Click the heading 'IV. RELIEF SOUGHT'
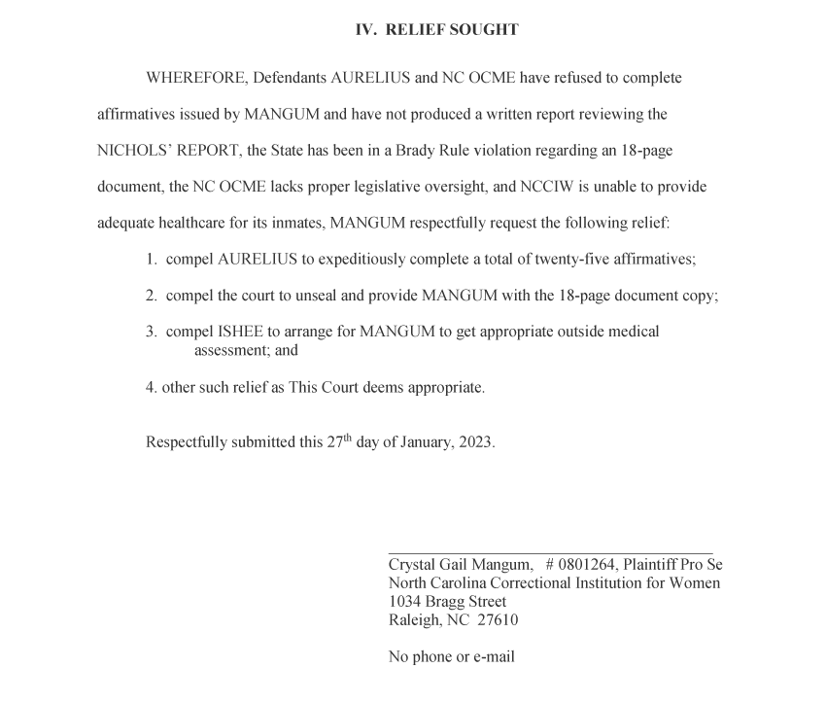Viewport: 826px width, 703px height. (x=436, y=30)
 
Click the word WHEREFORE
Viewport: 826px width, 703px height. (x=195, y=78)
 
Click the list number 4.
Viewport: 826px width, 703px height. (x=152, y=387)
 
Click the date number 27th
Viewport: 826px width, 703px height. (x=339, y=441)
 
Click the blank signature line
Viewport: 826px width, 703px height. (x=549, y=551)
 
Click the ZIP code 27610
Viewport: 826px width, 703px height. (x=498, y=620)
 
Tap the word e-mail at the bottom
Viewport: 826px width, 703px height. (x=494, y=657)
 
